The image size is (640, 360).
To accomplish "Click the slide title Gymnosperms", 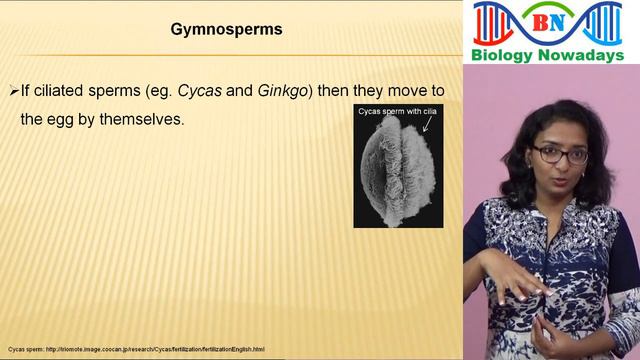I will tap(226, 30).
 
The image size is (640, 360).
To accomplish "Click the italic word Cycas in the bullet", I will tap(198, 91).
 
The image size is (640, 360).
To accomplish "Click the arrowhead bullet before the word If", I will tap(14, 91).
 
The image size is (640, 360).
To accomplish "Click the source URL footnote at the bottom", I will tap(136, 349).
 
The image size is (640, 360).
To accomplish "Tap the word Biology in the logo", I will tap(508, 54).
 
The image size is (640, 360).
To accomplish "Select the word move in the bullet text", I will tap(396, 91).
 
